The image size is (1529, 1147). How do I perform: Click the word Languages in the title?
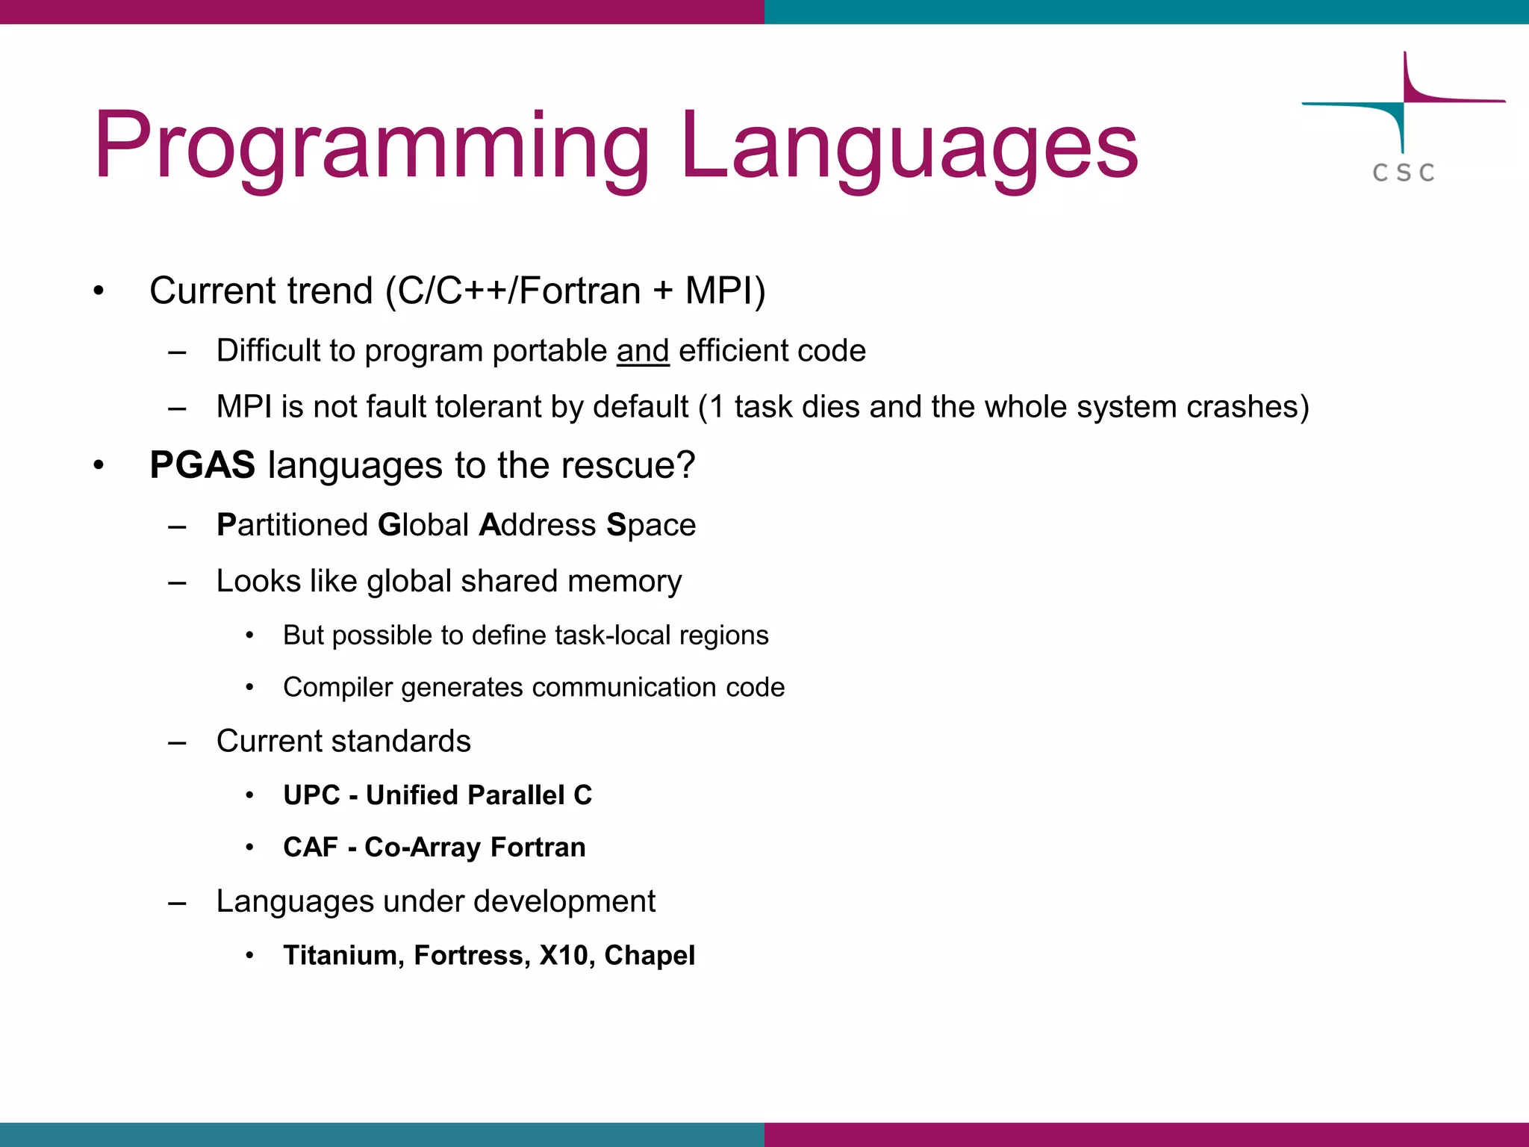[909, 146]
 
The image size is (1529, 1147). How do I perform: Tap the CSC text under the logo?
[1404, 173]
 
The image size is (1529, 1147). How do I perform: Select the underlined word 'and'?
[642, 351]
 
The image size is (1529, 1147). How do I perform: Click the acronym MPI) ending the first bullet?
[725, 290]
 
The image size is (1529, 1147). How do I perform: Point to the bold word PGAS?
[202, 465]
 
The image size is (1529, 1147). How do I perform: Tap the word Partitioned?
[293, 525]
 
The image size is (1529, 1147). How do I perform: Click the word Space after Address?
[651, 525]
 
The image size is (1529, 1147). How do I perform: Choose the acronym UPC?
[311, 795]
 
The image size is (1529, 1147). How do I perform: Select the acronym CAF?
[311, 848]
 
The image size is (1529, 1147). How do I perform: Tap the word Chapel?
[650, 956]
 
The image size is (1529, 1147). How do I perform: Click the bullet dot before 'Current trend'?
[99, 291]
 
